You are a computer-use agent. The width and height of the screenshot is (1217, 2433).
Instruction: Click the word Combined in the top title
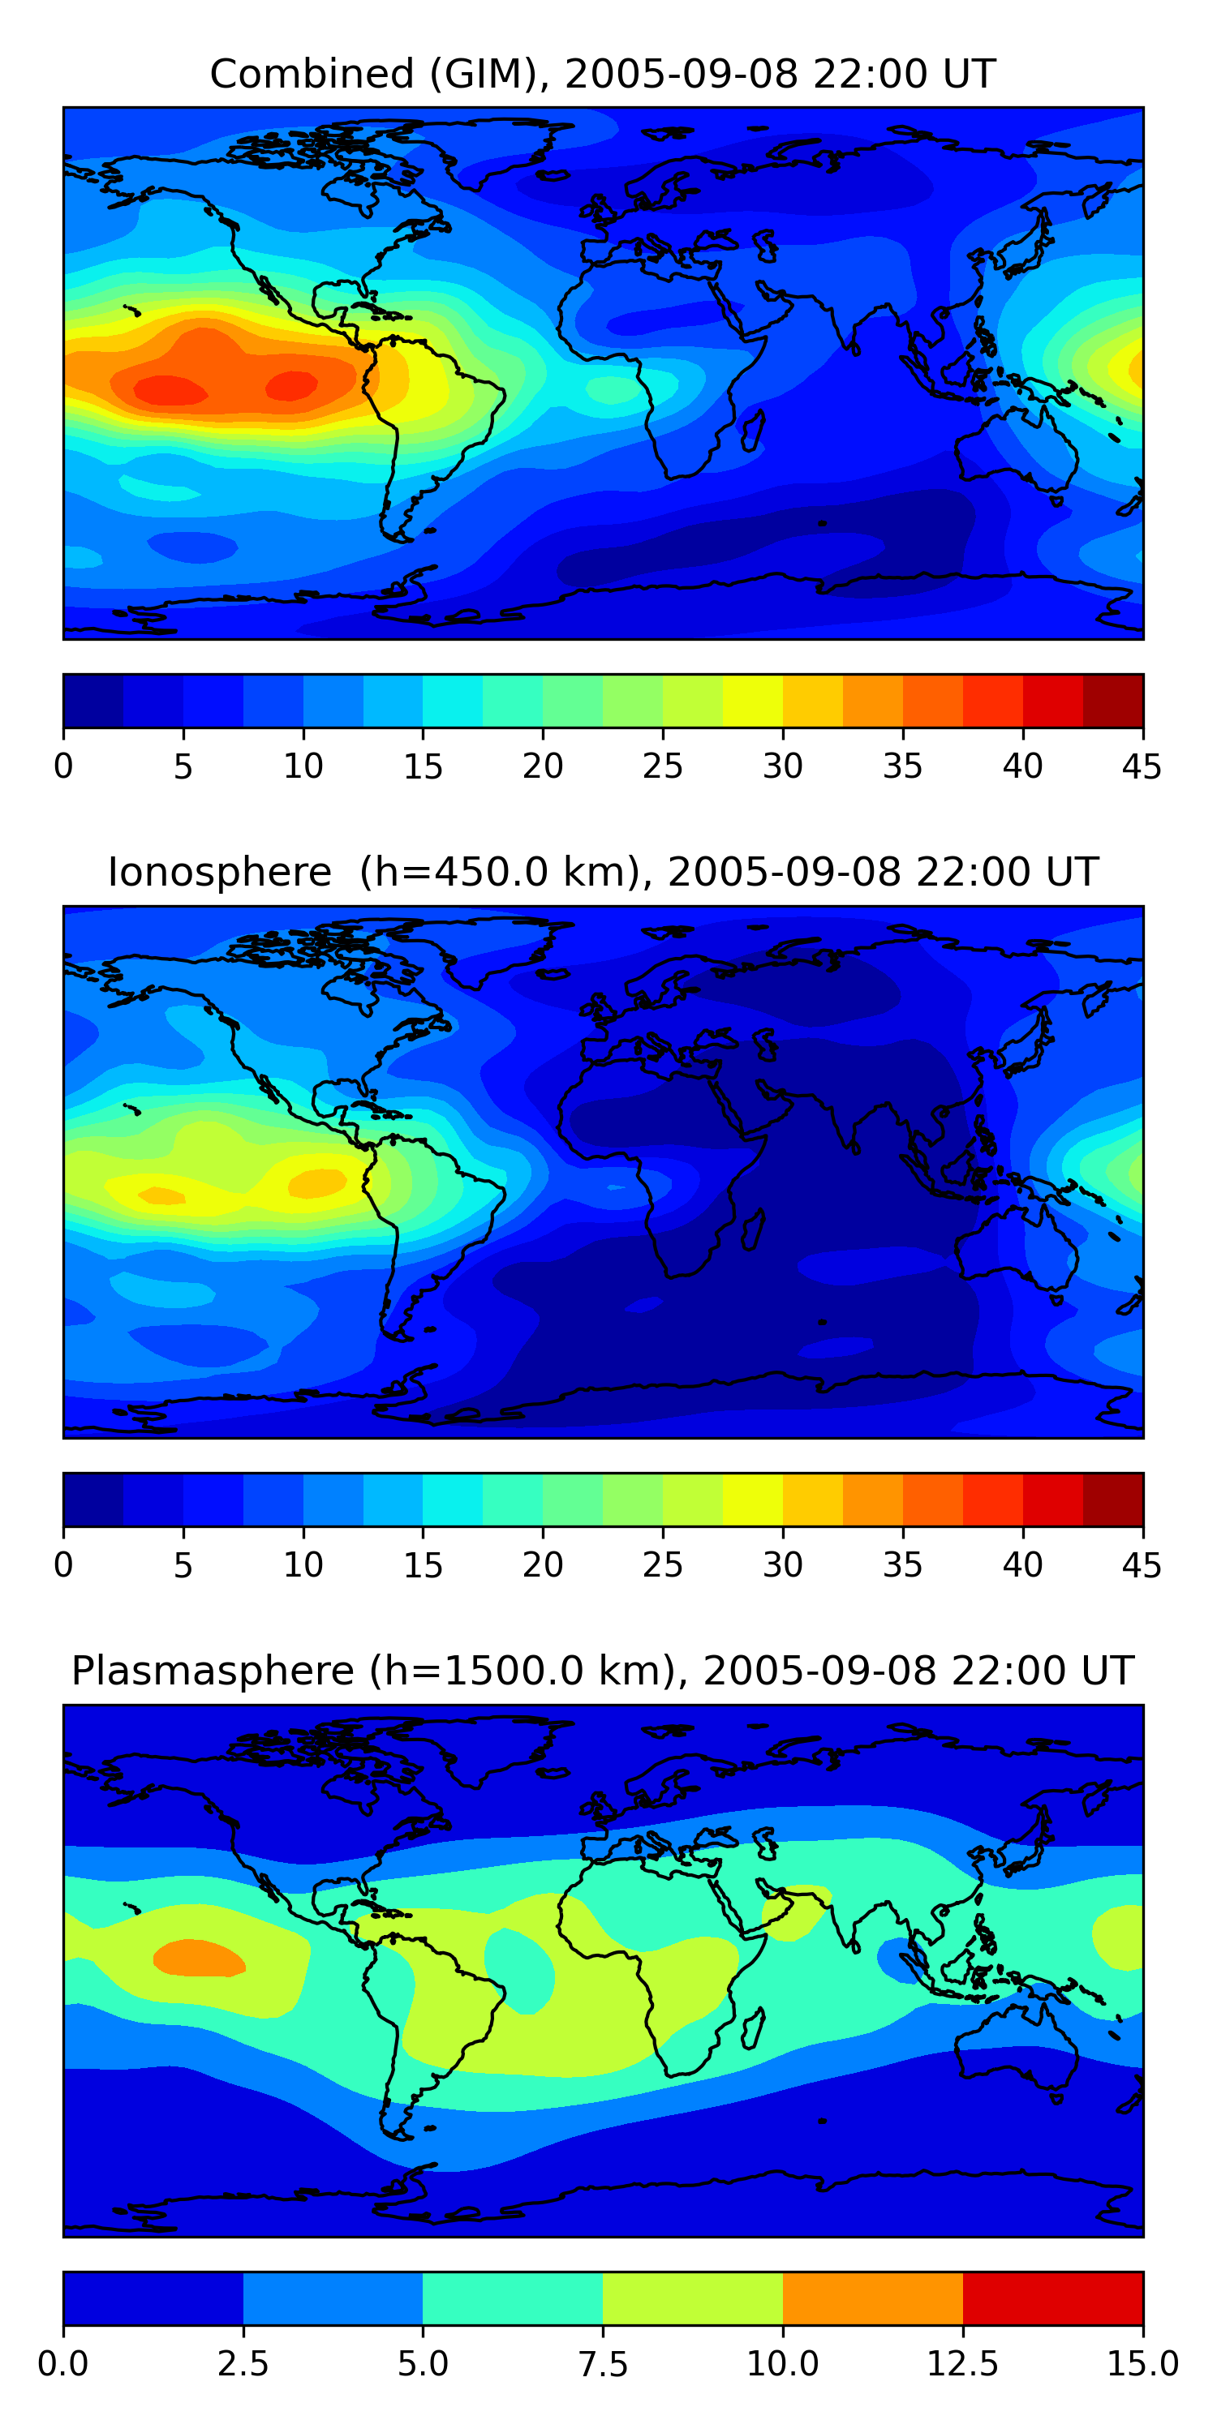(312, 74)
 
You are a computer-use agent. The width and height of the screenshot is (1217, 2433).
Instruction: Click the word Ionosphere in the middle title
(219, 872)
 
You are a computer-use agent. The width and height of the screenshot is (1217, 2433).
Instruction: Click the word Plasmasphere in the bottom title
(213, 1671)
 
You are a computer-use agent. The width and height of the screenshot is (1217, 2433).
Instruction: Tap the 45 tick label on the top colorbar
(1142, 766)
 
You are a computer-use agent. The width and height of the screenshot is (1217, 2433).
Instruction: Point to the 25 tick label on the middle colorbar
(662, 1565)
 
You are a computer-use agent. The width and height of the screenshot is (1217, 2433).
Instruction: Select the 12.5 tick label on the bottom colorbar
(962, 2364)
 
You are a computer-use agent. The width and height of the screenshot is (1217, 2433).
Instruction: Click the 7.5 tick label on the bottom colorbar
(603, 2364)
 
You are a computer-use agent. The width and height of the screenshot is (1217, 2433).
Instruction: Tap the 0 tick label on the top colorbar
(63, 766)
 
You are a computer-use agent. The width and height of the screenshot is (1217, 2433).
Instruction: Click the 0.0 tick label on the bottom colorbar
(63, 2364)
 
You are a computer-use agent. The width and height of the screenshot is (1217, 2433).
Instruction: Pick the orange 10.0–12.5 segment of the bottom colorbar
(872, 2298)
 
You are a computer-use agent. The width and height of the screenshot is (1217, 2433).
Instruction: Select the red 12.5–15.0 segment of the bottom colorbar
(1052, 2298)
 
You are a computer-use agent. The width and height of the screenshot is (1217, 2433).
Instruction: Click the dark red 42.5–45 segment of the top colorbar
(1112, 701)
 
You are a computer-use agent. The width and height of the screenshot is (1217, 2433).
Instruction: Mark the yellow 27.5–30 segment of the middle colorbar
(752, 1499)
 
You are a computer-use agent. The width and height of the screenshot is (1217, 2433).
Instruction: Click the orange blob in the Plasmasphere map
(199, 1957)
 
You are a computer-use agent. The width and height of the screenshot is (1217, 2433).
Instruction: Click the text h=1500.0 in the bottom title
(516, 1671)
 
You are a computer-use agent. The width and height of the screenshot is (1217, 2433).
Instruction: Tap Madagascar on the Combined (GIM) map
(753, 430)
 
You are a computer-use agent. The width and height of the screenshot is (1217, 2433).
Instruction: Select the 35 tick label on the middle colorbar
(902, 1565)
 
